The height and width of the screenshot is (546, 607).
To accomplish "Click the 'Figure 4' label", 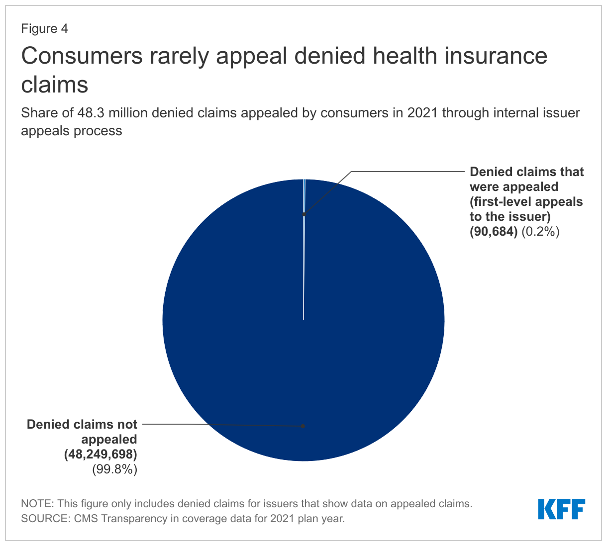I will click(x=44, y=29).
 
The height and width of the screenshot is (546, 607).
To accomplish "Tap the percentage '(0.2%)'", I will click(x=541, y=231).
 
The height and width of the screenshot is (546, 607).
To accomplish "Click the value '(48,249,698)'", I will click(x=100, y=454).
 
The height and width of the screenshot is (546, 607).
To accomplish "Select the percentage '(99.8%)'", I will click(x=114, y=469).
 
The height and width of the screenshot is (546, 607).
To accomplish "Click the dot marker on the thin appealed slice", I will click(x=303, y=215).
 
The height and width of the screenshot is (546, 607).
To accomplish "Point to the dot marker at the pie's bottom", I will click(x=303, y=426).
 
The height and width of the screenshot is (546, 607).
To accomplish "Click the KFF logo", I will click(x=561, y=509).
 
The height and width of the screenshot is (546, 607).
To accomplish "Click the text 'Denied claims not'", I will click(x=82, y=424).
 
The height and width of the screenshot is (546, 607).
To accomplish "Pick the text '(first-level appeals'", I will click(x=526, y=201).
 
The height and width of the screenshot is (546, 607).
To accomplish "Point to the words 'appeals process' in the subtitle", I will click(x=71, y=131).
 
